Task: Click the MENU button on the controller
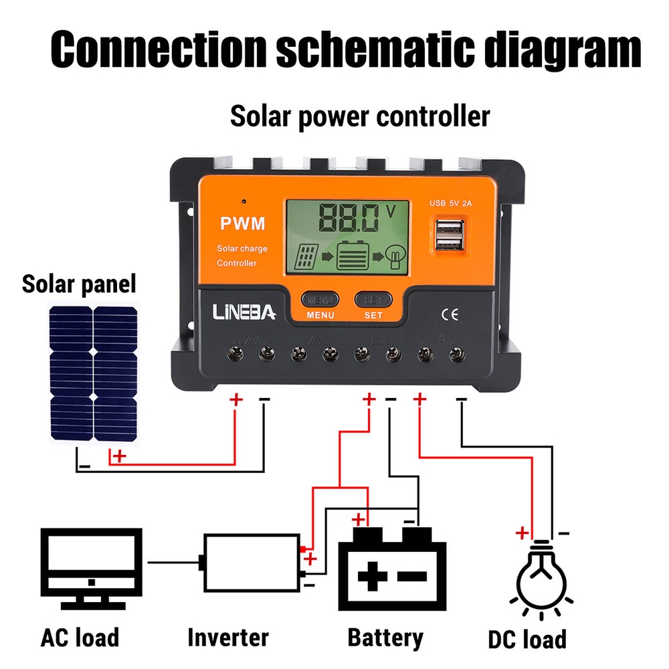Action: tap(320, 299)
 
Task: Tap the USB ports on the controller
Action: tap(448, 235)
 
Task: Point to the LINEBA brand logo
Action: tap(244, 312)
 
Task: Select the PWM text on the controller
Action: tap(242, 223)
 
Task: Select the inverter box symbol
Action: tap(252, 563)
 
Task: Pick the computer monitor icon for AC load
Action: tap(91, 565)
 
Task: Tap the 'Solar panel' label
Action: tap(79, 284)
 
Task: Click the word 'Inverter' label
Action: tap(227, 636)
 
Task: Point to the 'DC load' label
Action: tap(526, 638)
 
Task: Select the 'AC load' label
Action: tap(80, 636)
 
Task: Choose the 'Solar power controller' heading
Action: tap(360, 116)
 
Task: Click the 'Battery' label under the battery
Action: tap(385, 637)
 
